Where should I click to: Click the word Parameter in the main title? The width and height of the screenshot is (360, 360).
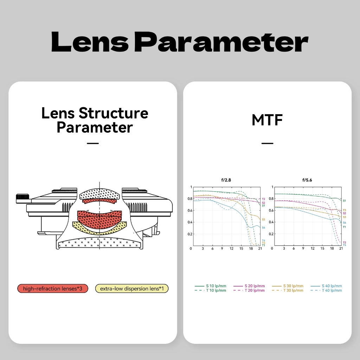pyautogui.click(x=221, y=42)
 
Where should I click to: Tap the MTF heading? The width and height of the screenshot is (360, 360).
pyautogui.click(x=267, y=120)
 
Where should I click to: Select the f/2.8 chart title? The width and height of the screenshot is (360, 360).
pyautogui.click(x=226, y=180)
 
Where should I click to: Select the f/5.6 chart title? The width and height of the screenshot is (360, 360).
pyautogui.click(x=307, y=180)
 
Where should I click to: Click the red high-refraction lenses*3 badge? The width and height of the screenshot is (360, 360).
pyautogui.click(x=53, y=289)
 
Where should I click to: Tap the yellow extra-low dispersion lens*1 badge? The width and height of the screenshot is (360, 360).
pyautogui.click(x=132, y=289)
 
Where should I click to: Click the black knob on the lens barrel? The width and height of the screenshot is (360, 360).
pyautogui.click(x=22, y=197)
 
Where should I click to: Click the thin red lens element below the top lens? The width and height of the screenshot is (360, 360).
pyautogui.click(x=99, y=201)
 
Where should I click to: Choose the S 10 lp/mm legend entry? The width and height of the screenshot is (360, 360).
pyautogui.click(x=210, y=286)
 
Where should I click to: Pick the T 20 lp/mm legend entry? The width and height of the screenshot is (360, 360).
pyautogui.click(x=249, y=290)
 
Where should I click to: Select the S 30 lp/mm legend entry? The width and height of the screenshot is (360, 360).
pyautogui.click(x=288, y=286)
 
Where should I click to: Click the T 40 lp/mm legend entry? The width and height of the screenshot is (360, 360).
pyautogui.click(x=326, y=290)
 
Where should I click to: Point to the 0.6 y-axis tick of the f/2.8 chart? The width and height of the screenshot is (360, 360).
pyautogui.click(x=190, y=210)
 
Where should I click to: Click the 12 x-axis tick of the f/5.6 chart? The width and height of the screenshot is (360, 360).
pyautogui.click(x=313, y=249)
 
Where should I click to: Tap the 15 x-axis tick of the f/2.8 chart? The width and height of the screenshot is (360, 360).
pyautogui.click(x=241, y=249)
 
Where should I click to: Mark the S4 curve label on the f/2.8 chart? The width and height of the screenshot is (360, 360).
pyautogui.click(x=263, y=227)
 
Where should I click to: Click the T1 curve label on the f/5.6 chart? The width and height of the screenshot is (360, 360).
pyautogui.click(x=345, y=227)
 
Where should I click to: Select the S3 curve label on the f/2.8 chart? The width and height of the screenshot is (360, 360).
pyautogui.click(x=263, y=219)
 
